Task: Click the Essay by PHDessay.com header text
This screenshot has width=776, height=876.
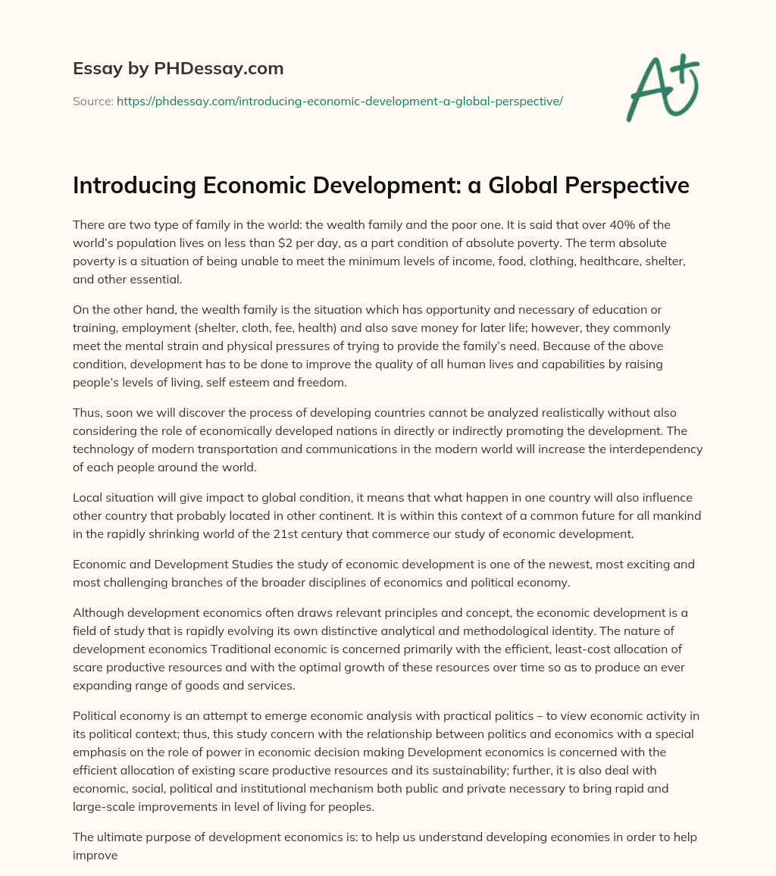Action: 178,69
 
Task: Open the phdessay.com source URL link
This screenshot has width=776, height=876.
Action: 339,101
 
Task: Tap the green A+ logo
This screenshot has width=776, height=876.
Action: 662,87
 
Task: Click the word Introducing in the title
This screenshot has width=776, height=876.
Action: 128,186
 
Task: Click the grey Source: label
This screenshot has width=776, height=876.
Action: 92,101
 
